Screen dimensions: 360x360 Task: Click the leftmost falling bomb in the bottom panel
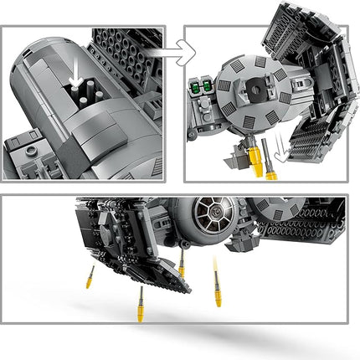[x=89, y=278]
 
